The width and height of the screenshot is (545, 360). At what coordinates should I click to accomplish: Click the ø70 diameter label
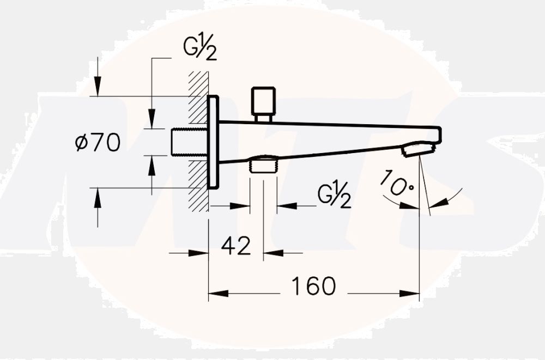coord(98,143)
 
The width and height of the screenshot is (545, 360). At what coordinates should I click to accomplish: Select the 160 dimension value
coord(313,286)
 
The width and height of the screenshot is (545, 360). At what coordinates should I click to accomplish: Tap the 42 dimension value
coord(236,246)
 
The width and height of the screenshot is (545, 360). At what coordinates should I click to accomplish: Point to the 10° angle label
coord(396,184)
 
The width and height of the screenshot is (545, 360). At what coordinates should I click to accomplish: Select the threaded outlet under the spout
coord(263,164)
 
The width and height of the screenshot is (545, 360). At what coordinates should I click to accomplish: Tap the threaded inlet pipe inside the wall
coord(188,142)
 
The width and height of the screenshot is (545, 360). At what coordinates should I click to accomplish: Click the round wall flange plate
coord(213,142)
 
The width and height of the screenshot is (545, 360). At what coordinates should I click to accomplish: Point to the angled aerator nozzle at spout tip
coord(420,149)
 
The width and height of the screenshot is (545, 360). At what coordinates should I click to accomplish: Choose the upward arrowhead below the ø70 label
coord(97,197)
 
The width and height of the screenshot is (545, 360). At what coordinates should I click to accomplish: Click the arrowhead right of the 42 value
coord(272,253)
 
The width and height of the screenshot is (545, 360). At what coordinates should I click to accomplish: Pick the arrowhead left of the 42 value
coord(201,253)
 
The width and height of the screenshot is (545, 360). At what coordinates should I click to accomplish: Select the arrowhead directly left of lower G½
coord(286,206)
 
